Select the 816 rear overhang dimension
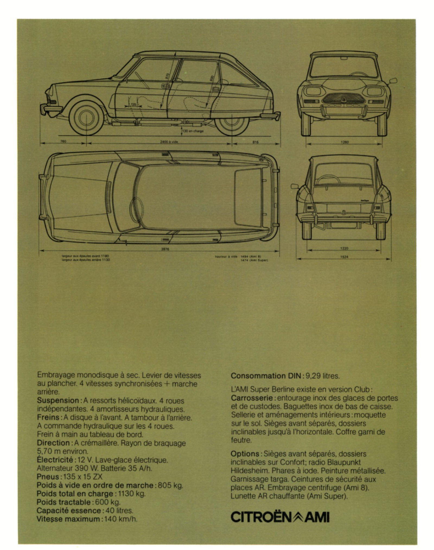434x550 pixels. tap(255, 142)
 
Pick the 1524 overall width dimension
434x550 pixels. tap(344, 257)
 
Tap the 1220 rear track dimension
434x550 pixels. tap(344, 248)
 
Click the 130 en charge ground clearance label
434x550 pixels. tap(194, 131)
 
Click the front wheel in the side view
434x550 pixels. tap(86, 117)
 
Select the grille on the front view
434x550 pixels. tap(344, 98)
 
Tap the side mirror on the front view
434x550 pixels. tap(393, 81)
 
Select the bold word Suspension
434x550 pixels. tap(58, 401)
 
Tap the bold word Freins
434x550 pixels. tap(48, 417)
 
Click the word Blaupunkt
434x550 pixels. tap(344, 462)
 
